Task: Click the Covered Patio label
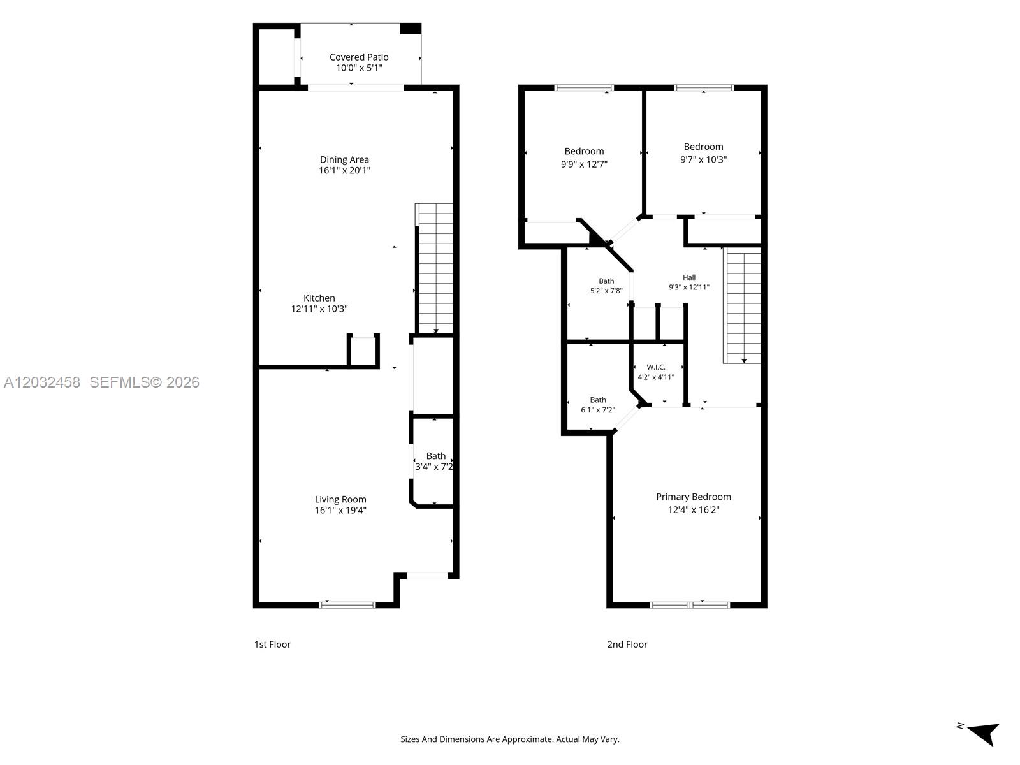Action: [359, 57]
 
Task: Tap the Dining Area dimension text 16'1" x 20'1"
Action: [344, 170]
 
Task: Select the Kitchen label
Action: [319, 298]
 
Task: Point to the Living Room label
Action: [340, 499]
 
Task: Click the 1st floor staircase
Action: [434, 268]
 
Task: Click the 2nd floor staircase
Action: [742, 305]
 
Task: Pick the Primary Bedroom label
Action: [694, 497]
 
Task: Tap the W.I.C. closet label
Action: [656, 367]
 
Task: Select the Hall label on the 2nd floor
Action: [688, 277]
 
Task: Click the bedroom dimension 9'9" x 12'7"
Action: [584, 164]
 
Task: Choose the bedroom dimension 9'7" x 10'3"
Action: [704, 159]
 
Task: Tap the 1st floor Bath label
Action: [435, 456]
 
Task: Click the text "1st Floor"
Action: [272, 645]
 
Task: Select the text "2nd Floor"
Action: [627, 645]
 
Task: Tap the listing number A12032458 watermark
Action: [42, 382]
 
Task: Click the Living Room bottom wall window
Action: [347, 605]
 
